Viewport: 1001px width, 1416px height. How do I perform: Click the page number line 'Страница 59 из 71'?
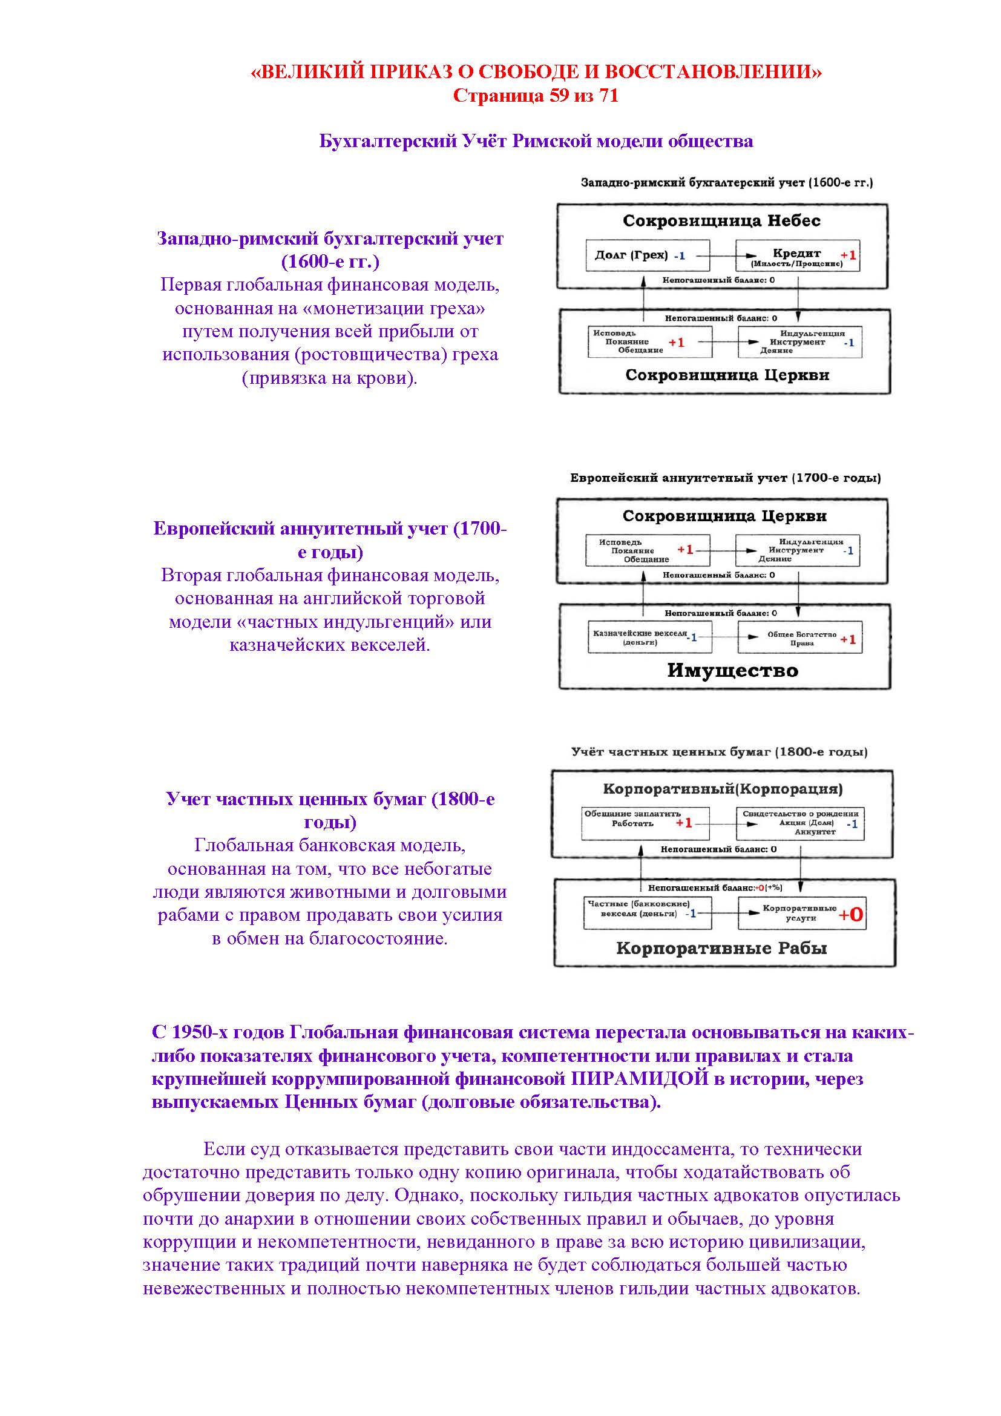click(x=535, y=96)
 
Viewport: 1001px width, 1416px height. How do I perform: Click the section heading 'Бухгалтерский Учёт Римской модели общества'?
click(x=535, y=141)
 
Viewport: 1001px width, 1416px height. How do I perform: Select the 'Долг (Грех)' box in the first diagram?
click(x=646, y=255)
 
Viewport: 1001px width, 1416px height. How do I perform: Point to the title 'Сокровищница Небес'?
click(x=721, y=221)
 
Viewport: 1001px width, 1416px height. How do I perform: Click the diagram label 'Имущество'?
click(x=732, y=670)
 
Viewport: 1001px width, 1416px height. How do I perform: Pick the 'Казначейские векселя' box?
click(x=649, y=637)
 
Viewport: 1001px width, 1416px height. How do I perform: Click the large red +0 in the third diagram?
click(x=850, y=915)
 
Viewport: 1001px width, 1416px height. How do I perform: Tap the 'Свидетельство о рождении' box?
click(x=799, y=823)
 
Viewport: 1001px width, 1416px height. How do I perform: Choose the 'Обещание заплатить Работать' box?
click(x=644, y=823)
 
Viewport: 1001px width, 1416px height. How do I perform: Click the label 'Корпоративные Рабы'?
click(x=721, y=948)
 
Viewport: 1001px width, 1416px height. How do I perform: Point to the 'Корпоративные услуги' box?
click(x=800, y=913)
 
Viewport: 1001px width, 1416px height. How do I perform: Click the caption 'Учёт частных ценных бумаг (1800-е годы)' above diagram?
click(x=719, y=752)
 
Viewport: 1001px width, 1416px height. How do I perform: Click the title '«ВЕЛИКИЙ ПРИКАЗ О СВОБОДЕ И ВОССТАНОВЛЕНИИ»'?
click(x=535, y=72)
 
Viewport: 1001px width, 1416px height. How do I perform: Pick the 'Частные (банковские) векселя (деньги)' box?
click(x=646, y=913)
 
